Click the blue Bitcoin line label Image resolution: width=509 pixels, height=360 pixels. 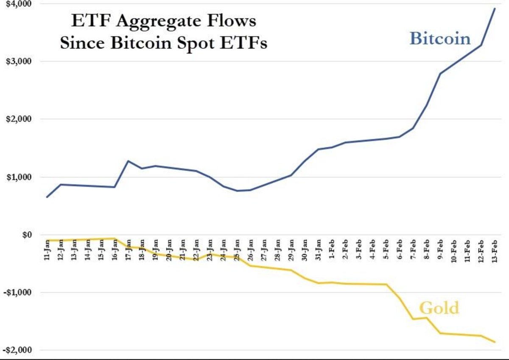click(440, 39)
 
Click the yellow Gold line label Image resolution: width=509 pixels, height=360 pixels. click(439, 307)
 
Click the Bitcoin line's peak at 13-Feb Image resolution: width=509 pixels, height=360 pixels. click(495, 8)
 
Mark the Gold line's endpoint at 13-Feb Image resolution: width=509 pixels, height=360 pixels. click(495, 342)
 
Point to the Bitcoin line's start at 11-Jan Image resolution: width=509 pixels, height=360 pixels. click(47, 197)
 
